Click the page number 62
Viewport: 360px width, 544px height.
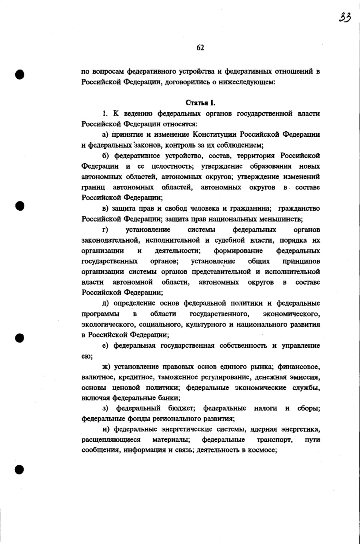click(200, 48)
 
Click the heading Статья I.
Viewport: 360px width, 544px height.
click(201, 103)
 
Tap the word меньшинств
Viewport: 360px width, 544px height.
click(281, 219)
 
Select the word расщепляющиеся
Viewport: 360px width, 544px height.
click(111, 440)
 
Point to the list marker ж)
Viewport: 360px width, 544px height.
click(106, 367)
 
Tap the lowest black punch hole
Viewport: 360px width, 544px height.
click(20, 469)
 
